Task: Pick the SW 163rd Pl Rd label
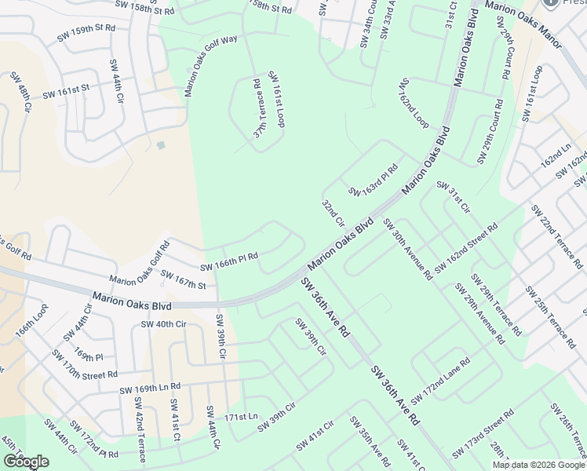click(x=374, y=181)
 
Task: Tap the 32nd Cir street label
click(x=333, y=213)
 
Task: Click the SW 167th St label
click(x=182, y=279)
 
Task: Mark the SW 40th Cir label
click(x=163, y=323)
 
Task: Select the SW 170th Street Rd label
click(x=84, y=363)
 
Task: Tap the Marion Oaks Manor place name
click(x=523, y=5)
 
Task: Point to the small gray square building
click(x=161, y=145)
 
